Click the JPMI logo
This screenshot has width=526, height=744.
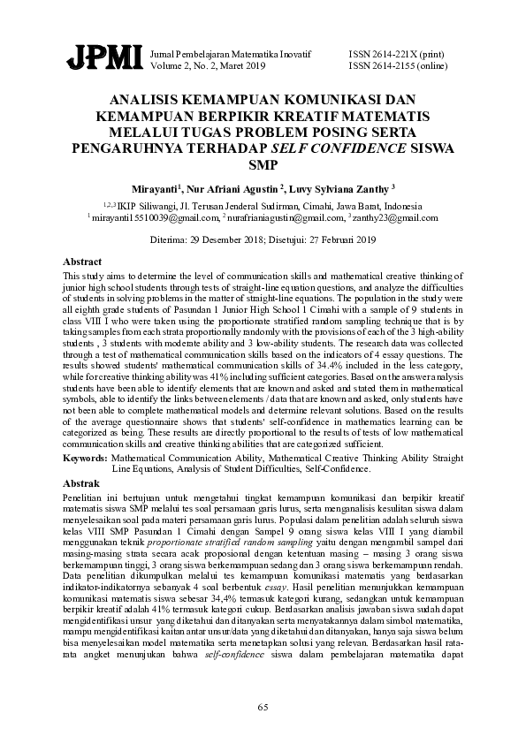tap(104, 58)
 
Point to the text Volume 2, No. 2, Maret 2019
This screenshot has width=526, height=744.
tap(208, 65)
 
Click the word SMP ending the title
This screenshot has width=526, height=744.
tap(263, 163)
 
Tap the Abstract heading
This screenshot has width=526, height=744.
tap(83, 262)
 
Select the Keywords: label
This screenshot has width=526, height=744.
tap(86, 459)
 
